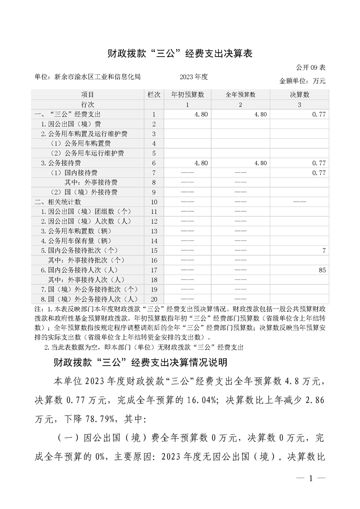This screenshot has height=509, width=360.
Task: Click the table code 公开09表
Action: click(x=311, y=68)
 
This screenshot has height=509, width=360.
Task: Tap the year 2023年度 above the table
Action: click(x=193, y=77)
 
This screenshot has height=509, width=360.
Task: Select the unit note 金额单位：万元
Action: click(x=303, y=81)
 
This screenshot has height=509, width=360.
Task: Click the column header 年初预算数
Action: click(x=187, y=95)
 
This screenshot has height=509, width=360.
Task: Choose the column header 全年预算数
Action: click(x=240, y=95)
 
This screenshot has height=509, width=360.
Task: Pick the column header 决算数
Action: click(x=299, y=95)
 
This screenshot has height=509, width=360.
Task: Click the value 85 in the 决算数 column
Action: click(x=322, y=270)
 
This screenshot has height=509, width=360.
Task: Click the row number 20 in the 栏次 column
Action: click(x=154, y=299)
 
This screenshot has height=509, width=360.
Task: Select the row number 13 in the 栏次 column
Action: click(x=154, y=231)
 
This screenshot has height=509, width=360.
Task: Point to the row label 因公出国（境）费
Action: click(x=71, y=124)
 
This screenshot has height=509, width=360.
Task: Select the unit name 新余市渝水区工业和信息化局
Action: click(x=97, y=77)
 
